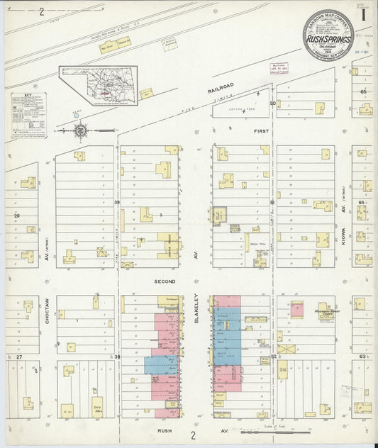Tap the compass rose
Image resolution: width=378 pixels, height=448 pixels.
(81, 130)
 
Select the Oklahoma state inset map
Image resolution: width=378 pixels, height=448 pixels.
(97, 86)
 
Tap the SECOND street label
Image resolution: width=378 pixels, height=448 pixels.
(164, 281)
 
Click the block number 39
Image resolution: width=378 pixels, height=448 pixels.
(117, 203)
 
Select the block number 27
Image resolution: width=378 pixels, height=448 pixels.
(20, 356)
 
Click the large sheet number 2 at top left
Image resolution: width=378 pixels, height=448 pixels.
(42, 11)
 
